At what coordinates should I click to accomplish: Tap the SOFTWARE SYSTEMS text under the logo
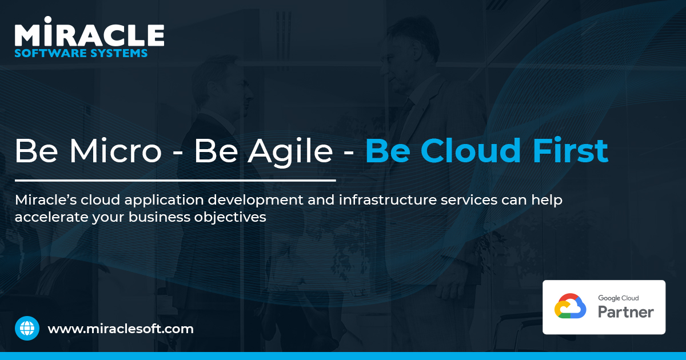click(81, 53)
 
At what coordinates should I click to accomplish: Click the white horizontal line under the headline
click(175, 181)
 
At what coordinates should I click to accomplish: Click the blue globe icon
click(27, 329)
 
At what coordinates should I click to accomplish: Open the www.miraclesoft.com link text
click(121, 329)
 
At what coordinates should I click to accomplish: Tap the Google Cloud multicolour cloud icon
click(570, 306)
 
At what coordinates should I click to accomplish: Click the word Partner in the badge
click(626, 312)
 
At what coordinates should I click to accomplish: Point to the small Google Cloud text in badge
click(618, 298)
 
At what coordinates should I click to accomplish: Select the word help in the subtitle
click(548, 201)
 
